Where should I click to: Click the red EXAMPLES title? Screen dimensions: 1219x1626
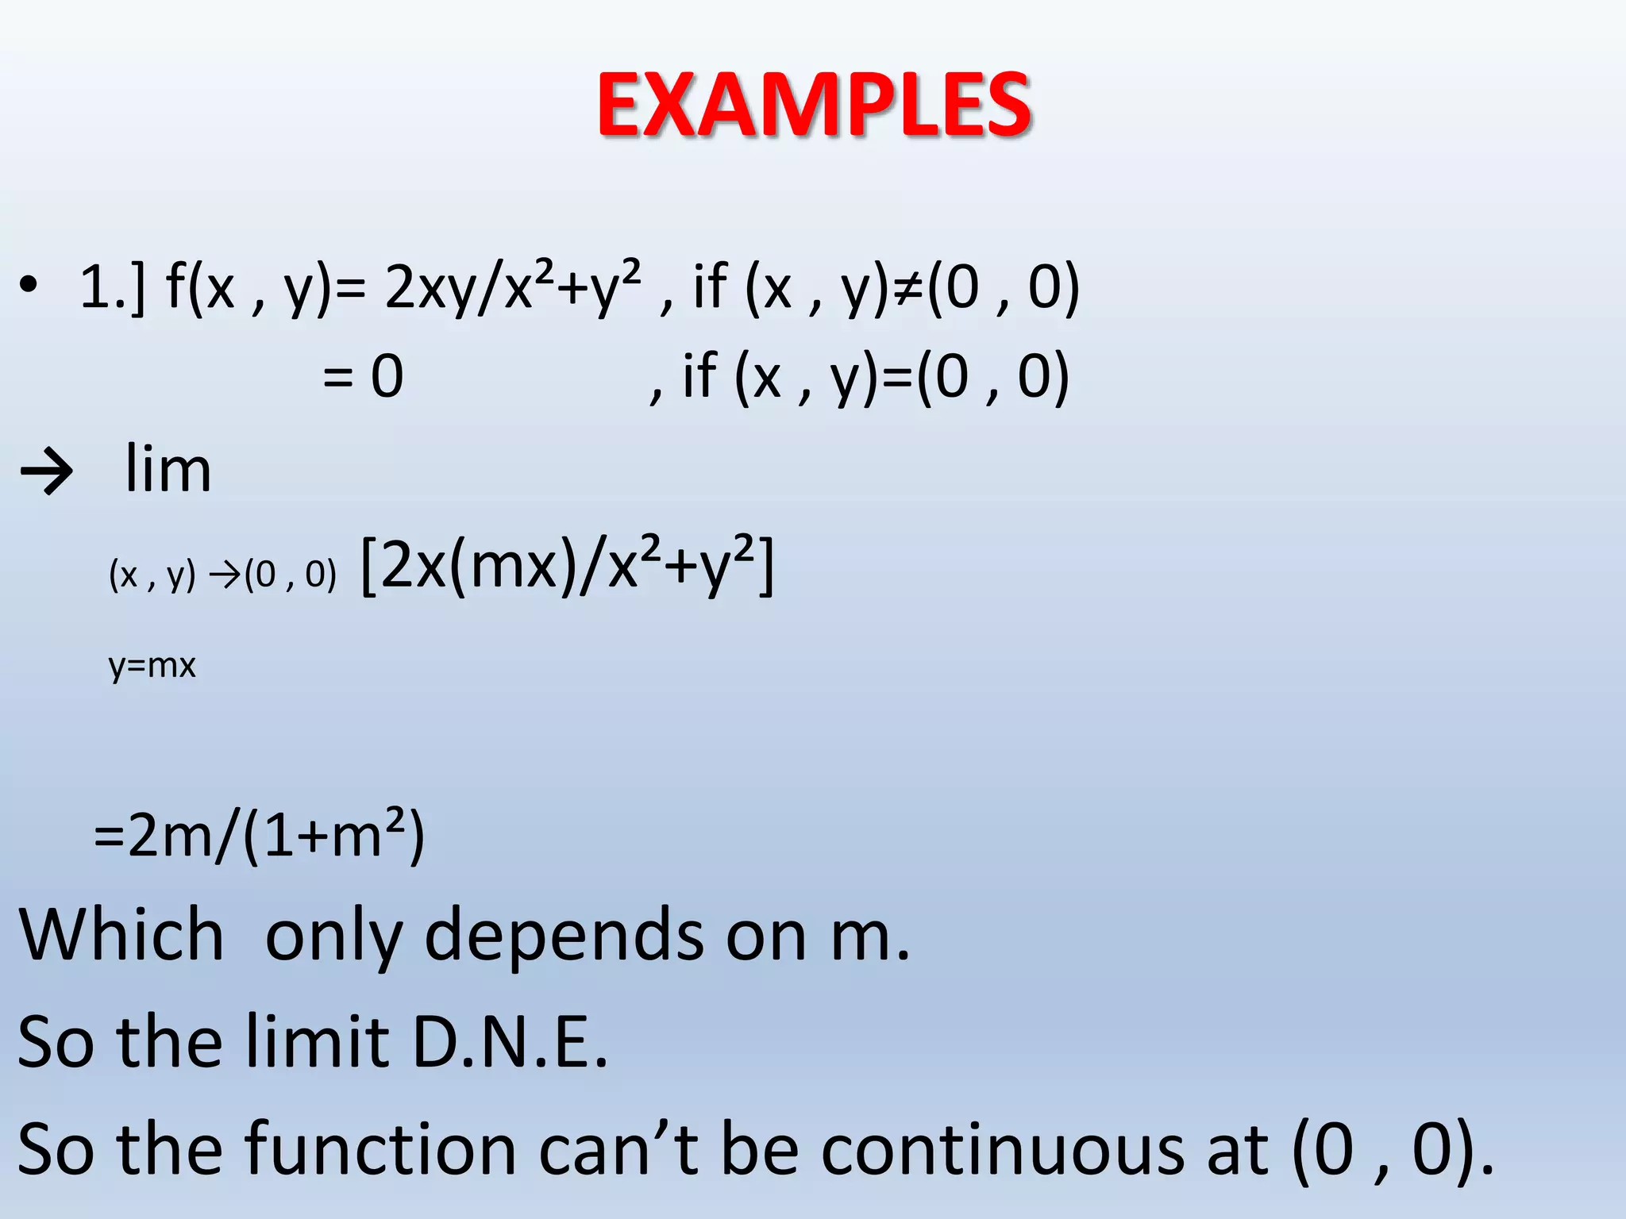click(x=814, y=105)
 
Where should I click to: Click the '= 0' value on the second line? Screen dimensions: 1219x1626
click(x=364, y=376)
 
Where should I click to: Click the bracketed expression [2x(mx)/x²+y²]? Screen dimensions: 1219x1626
click(x=567, y=567)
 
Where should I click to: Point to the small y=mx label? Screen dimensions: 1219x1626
click(x=152, y=665)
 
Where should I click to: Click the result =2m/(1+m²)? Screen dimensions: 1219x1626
click(x=260, y=836)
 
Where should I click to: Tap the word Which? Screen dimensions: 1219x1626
click(x=121, y=935)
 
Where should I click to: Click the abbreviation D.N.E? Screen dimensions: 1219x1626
click(x=511, y=1041)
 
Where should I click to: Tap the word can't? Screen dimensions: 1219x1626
click(x=619, y=1148)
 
